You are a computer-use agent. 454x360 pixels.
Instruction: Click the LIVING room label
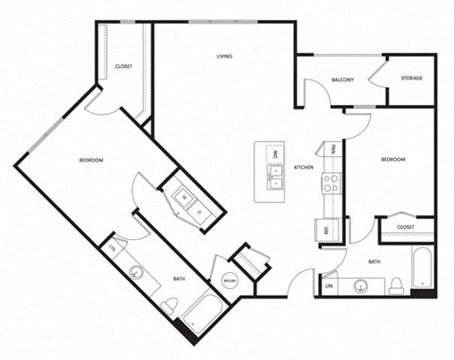[224, 57]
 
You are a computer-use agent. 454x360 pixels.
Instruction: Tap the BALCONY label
[341, 79]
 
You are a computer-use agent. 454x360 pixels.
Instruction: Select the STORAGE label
[410, 77]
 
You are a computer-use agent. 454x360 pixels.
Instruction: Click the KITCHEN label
[304, 167]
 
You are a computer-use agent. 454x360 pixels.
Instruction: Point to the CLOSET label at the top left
[123, 66]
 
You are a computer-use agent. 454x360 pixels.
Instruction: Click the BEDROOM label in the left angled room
[91, 160]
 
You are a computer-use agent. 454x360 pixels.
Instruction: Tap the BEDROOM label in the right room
[393, 160]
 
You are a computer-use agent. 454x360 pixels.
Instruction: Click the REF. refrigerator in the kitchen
[326, 230]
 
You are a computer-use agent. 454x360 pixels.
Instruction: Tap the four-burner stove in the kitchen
[330, 182]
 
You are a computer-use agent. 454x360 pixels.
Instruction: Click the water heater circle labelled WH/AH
[229, 281]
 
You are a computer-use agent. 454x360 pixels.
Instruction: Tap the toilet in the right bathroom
[396, 284]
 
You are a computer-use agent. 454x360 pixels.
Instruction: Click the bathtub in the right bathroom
[422, 269]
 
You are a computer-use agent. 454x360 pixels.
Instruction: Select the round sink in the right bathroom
[360, 284]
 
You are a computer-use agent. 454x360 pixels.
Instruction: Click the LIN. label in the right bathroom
[330, 285]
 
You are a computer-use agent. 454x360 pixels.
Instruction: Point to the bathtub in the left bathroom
[201, 314]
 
